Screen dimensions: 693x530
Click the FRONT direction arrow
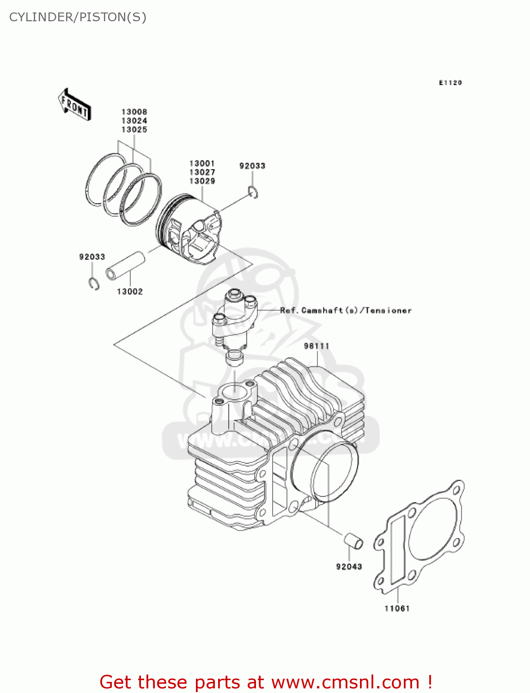pyautogui.click(x=74, y=105)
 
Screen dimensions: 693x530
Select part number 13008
pyautogui.click(x=134, y=112)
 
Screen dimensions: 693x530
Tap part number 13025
pyautogui.click(x=134, y=130)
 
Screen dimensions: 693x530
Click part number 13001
pyautogui.click(x=202, y=163)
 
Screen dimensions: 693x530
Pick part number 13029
pyautogui.click(x=202, y=181)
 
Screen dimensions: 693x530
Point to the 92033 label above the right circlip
pyautogui.click(x=252, y=166)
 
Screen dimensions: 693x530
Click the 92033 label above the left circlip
pyautogui.click(x=92, y=257)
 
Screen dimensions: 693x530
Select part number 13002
pyautogui.click(x=130, y=292)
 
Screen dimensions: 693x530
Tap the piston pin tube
pyautogui.click(x=126, y=266)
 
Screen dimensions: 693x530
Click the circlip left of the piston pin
pyautogui.click(x=94, y=284)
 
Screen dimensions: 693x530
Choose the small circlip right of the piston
pyautogui.click(x=253, y=192)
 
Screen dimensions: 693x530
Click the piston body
pyautogui.click(x=189, y=230)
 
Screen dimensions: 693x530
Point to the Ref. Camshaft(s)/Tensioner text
pyautogui.click(x=346, y=310)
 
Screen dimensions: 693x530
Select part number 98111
pyautogui.click(x=317, y=346)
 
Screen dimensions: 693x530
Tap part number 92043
pyautogui.click(x=349, y=566)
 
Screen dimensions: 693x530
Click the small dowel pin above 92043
pyautogui.click(x=353, y=541)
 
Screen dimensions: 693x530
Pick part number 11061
pyautogui.click(x=397, y=608)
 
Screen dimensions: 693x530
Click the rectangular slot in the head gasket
pyautogui.click(x=398, y=550)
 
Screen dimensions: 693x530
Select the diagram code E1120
pyautogui.click(x=450, y=83)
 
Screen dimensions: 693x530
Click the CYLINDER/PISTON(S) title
pyautogui.click(x=78, y=17)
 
